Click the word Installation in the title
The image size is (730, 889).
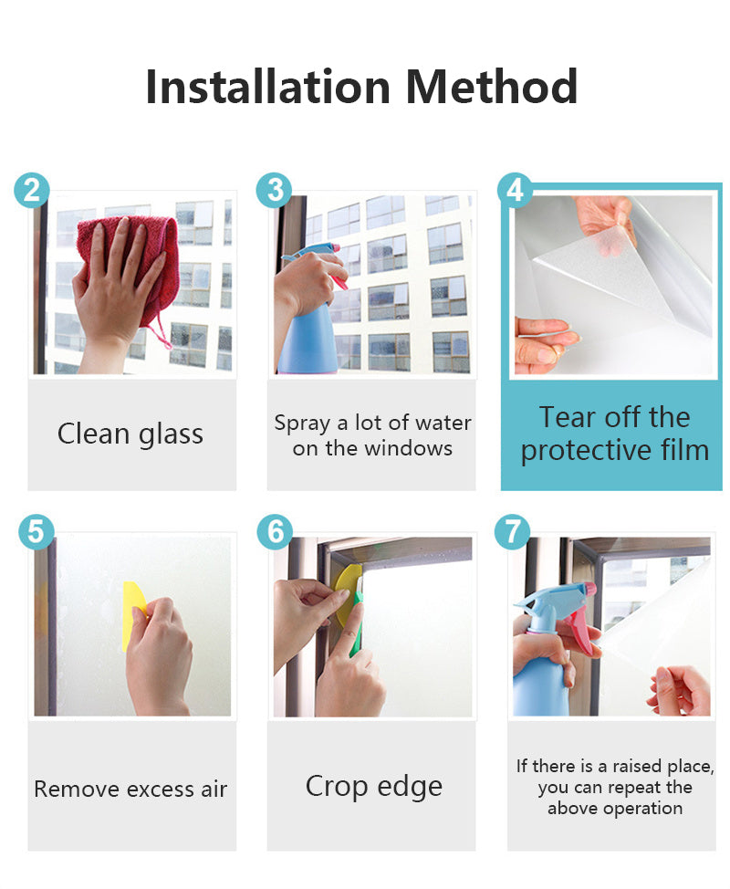268,87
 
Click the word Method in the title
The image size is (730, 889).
492,87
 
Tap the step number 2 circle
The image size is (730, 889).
32,190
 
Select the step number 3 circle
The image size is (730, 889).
275,190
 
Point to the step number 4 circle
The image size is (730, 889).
516,190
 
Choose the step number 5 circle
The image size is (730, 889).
36,532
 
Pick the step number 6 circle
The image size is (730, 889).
275,532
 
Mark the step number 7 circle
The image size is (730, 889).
512,532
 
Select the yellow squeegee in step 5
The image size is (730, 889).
134,616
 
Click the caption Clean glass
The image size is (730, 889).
130,434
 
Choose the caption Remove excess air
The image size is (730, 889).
130,790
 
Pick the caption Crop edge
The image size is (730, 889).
374,787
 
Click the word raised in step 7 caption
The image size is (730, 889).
637,767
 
